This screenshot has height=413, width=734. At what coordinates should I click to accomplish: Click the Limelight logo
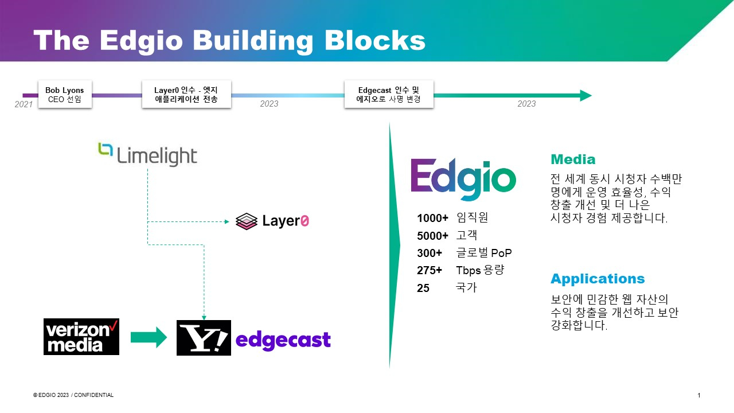[147, 154]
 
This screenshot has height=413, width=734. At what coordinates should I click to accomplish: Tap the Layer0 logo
[272, 221]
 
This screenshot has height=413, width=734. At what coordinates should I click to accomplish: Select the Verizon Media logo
[81, 337]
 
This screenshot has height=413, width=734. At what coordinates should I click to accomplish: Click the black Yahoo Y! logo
[204, 338]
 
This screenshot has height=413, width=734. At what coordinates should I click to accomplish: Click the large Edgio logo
[463, 179]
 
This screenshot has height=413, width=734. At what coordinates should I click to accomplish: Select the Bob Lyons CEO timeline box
[65, 95]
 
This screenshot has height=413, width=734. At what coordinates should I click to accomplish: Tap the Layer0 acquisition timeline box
[186, 95]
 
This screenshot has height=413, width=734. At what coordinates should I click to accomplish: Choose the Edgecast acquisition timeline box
[389, 95]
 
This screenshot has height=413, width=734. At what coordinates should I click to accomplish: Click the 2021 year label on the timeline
[24, 104]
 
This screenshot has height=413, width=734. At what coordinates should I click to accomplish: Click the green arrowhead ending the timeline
[585, 95]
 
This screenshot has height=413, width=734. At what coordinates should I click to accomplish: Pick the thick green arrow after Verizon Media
[149, 337]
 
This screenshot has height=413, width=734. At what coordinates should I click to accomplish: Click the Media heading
[573, 159]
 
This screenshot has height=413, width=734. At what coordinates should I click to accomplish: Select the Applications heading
[598, 279]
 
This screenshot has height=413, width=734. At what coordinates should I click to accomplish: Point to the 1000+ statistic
[432, 219]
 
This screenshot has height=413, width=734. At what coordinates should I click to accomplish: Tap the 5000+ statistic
[432, 236]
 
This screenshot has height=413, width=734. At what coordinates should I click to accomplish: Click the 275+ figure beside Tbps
[430, 270]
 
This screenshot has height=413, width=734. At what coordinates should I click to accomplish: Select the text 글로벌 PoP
[483, 253]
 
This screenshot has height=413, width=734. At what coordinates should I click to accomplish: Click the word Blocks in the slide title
[375, 41]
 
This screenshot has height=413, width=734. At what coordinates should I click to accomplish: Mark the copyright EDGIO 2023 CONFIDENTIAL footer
[73, 395]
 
